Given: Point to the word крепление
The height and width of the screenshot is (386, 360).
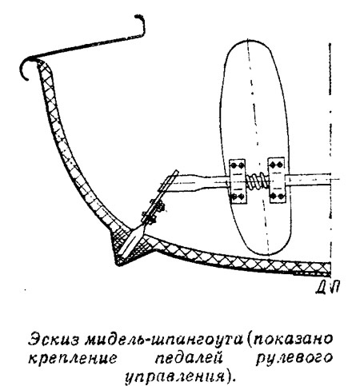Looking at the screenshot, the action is coord(73,358).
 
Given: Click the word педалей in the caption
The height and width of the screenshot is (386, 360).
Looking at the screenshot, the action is coord(189,358).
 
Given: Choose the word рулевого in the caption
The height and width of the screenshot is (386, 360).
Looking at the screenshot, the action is coord(294,359).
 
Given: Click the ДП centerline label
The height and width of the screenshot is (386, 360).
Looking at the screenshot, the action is coord(327,288).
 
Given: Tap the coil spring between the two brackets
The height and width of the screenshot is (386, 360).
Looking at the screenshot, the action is coord(258,181).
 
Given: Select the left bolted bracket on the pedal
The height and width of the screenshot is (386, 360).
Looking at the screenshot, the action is coord(238,181).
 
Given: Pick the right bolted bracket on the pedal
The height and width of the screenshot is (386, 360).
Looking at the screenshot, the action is coord(277,180).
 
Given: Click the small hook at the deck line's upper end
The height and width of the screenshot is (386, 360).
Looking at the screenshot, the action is coord(141,25).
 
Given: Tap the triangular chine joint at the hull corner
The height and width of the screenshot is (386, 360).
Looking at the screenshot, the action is coord(127,246).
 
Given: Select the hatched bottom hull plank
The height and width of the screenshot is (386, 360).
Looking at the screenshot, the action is coord(240,257).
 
